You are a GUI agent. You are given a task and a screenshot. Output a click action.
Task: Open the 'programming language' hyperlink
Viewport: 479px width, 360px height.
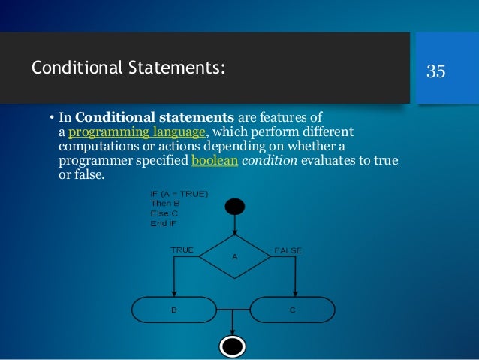pos(137,132)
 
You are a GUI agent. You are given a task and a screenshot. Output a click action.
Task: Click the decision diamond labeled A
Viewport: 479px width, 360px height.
pos(234,256)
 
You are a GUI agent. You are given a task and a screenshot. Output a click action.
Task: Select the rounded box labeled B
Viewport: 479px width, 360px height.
pos(174,308)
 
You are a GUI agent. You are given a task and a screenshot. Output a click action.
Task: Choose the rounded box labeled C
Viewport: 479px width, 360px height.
pos(293,308)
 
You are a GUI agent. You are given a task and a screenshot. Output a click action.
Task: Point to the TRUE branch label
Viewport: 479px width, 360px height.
pos(182,250)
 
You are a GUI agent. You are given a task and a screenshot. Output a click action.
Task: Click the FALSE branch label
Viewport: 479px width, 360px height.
pos(288,250)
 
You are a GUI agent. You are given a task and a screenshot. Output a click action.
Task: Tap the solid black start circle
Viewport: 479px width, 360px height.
pos(234,206)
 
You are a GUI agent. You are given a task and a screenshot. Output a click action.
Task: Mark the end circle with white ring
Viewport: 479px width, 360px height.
pos(232,346)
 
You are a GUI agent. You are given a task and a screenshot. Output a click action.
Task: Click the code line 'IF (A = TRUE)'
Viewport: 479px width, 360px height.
pos(179,194)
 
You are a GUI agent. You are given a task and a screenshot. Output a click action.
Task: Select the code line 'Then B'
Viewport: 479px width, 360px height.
pos(166,203)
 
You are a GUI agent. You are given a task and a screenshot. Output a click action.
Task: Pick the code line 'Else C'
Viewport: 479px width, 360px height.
pos(165,213)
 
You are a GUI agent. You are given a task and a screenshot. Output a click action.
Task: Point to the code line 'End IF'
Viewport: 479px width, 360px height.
pos(164,222)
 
